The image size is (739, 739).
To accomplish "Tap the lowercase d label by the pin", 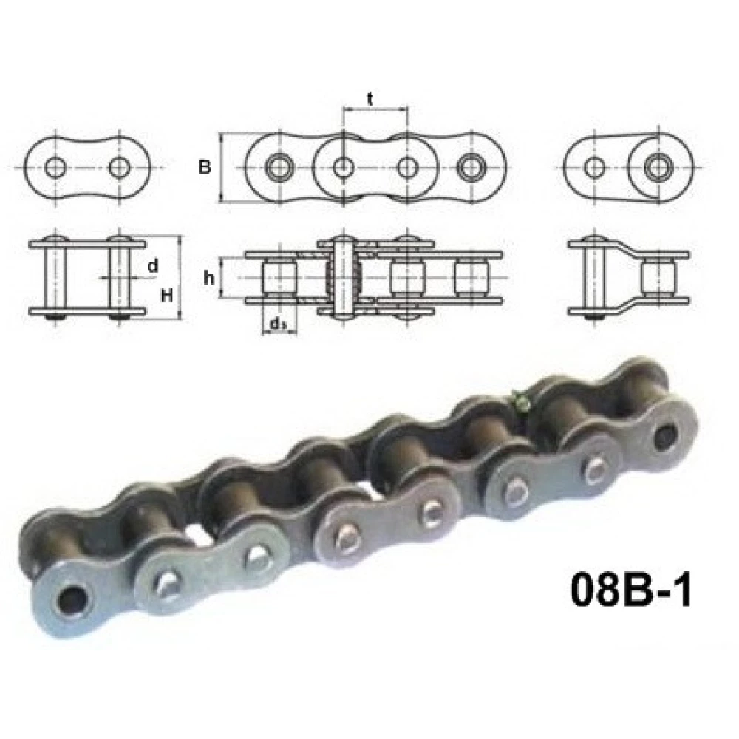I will (152, 266).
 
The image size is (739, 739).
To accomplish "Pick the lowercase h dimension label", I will (209, 278).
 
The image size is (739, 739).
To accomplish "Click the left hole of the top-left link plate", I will (55, 168).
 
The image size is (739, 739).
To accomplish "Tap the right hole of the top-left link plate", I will (118, 168).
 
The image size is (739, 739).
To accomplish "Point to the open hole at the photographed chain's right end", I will (667, 435).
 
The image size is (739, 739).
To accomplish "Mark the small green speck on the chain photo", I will (523, 403).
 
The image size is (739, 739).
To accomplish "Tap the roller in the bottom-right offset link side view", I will (657, 278).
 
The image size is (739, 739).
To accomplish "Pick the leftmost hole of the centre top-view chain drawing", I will (279, 168).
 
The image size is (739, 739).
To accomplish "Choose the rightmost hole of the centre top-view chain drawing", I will (469, 168).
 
